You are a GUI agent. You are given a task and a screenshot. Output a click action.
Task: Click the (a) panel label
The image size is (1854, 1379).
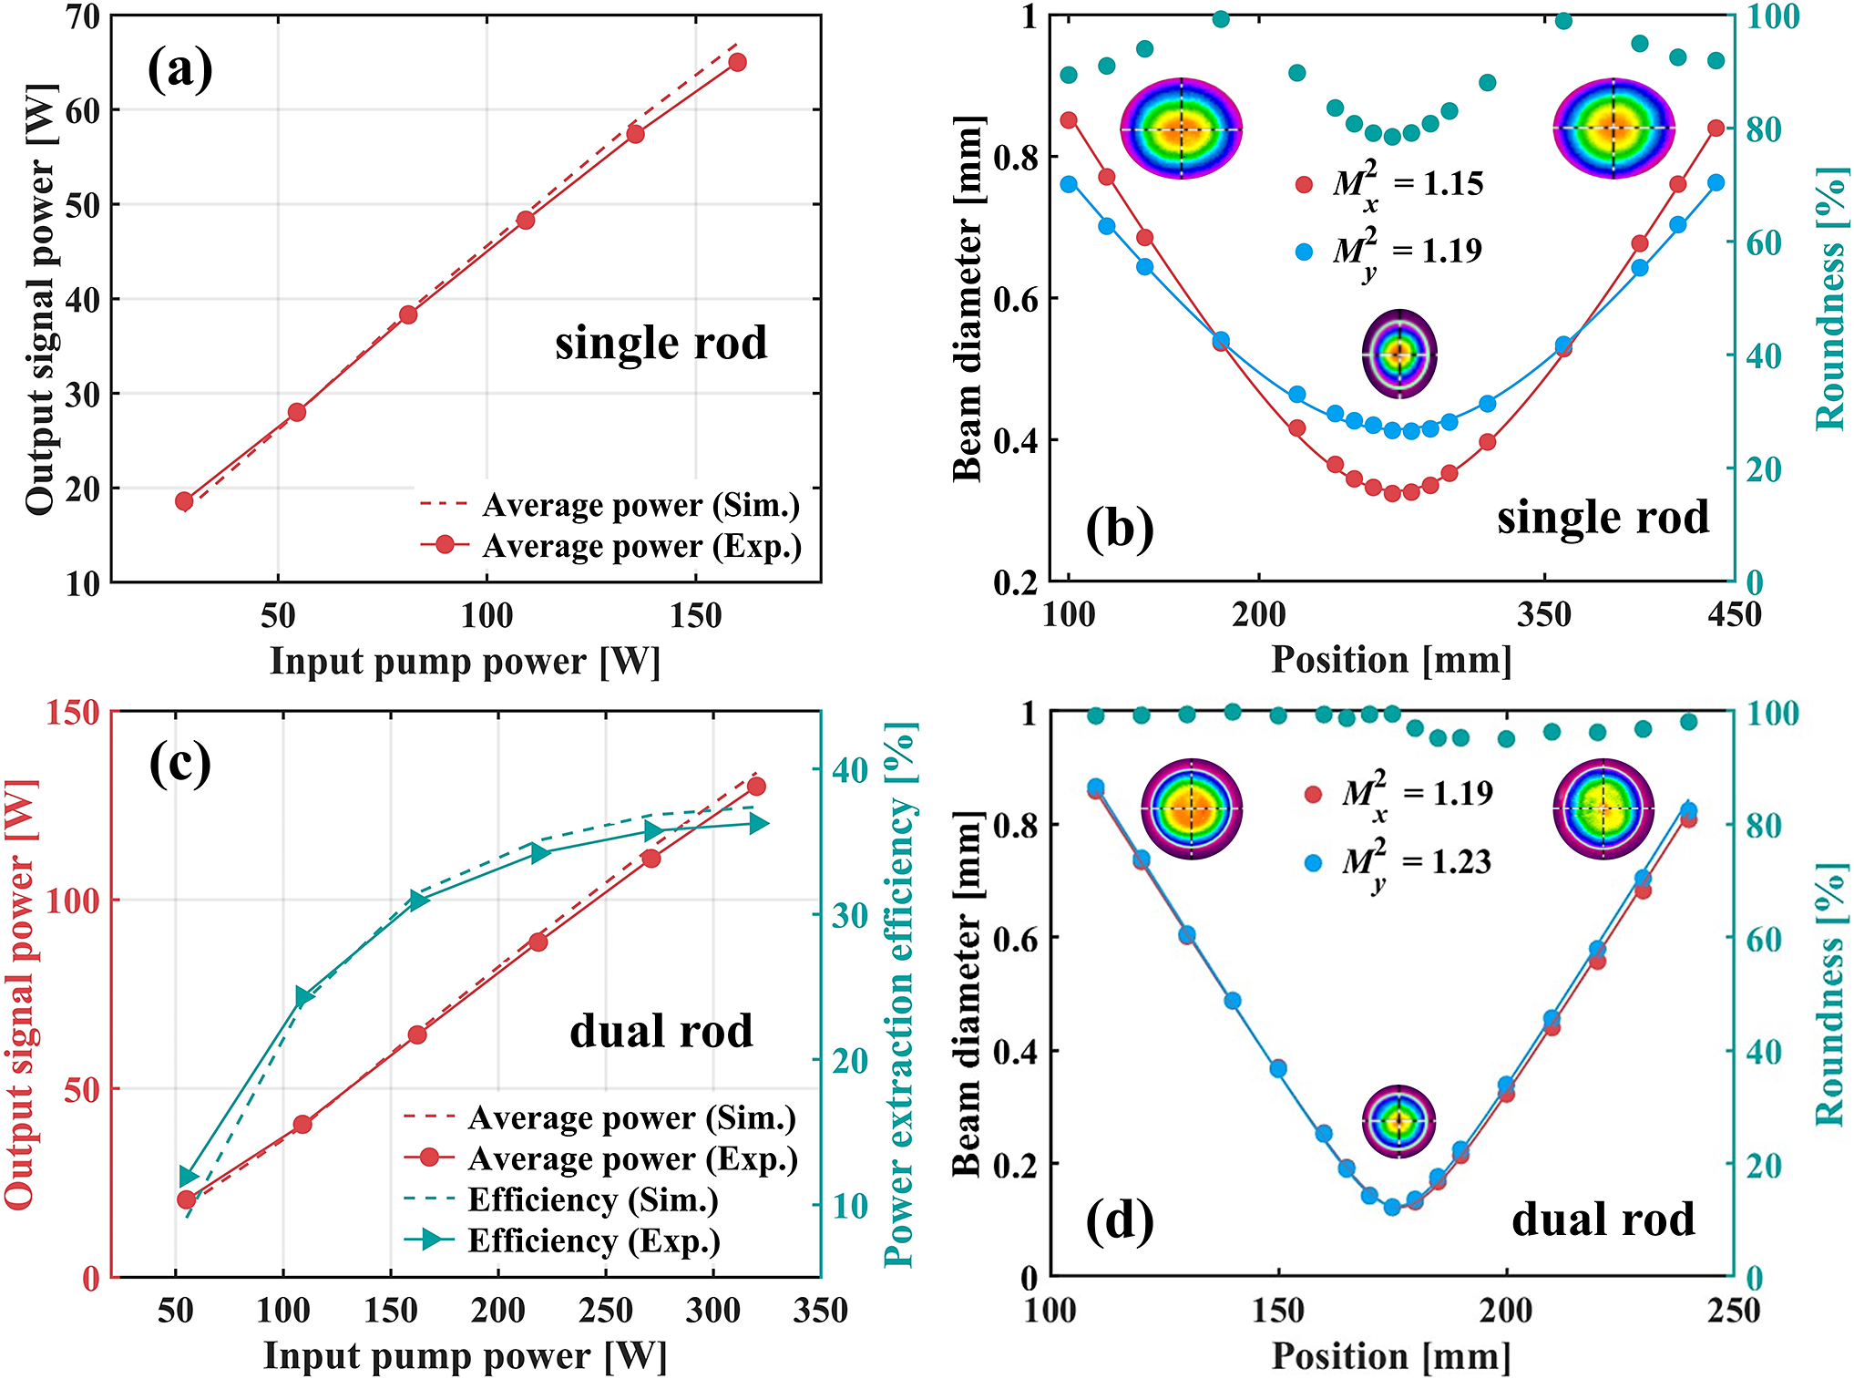tap(179, 69)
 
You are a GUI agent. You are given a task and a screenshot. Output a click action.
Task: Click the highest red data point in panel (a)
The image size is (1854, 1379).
tap(737, 62)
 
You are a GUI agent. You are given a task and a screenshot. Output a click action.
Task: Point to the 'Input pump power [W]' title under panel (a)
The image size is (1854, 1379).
tap(465, 661)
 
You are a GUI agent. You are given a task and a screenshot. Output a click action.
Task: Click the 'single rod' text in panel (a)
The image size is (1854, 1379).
tap(661, 344)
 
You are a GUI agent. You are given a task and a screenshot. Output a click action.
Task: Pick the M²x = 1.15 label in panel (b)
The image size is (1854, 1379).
tap(1408, 184)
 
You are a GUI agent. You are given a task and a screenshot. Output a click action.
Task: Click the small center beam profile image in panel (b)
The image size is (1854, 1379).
tap(1399, 353)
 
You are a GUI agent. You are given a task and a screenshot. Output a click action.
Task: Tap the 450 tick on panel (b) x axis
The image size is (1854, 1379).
tap(1734, 614)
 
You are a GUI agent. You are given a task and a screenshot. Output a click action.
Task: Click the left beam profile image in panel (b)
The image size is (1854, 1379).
tap(1182, 129)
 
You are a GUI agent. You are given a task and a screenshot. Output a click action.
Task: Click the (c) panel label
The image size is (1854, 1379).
tap(179, 764)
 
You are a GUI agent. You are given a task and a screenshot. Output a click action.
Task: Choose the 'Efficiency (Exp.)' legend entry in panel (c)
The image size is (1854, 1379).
tap(593, 1240)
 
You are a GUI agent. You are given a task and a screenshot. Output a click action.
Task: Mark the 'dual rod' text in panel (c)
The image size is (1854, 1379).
tap(661, 1032)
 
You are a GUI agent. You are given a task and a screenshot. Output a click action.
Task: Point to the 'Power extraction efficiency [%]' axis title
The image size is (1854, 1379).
tap(900, 993)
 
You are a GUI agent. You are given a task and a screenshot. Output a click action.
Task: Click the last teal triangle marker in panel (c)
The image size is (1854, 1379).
tap(758, 824)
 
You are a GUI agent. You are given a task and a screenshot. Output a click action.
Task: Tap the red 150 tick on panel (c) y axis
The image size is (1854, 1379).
tap(73, 712)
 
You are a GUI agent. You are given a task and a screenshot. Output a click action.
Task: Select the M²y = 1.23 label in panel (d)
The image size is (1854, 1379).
tap(1417, 862)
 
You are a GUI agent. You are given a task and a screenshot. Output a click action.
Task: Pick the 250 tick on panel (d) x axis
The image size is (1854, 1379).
tap(1734, 1310)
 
